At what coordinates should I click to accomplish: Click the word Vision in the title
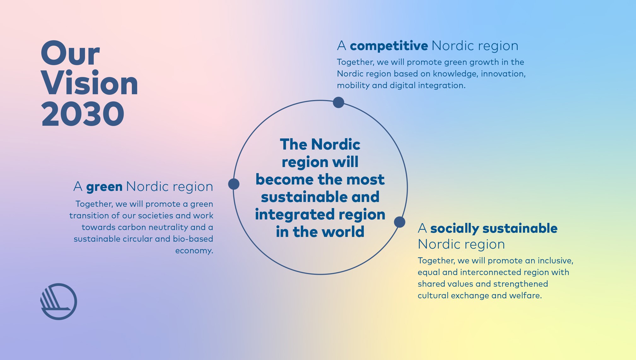(90, 83)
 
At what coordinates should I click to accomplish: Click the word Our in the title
(70, 53)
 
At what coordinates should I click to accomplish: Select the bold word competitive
(389, 46)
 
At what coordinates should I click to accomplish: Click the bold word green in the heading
(104, 187)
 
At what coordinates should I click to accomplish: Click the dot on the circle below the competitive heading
(338, 102)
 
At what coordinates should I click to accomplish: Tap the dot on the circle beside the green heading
(234, 184)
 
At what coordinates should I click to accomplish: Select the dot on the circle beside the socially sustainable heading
(400, 222)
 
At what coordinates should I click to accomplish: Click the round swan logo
(59, 302)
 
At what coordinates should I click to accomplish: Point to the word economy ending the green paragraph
(194, 251)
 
